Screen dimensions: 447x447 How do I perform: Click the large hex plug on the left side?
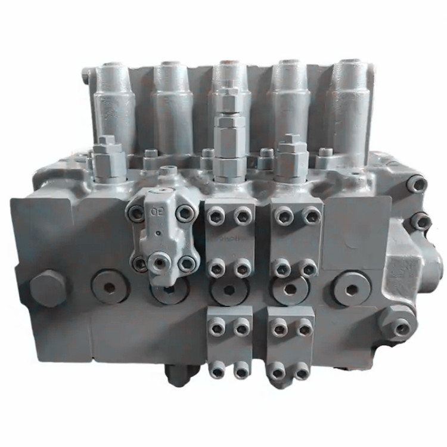(48, 289)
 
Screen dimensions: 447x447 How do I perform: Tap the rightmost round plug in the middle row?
(352, 290)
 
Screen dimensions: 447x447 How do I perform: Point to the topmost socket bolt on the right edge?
(417, 184)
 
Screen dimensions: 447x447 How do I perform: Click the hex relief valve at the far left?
(110, 158)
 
